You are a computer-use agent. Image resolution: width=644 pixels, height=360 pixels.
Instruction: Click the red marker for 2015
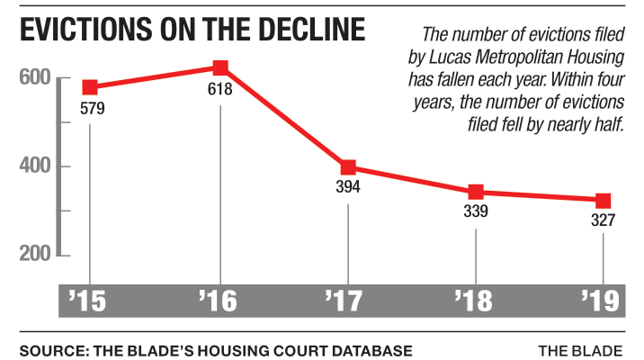click(91, 87)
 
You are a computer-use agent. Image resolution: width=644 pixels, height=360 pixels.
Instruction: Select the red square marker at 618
click(220, 67)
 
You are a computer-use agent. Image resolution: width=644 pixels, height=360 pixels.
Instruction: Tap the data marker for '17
click(348, 167)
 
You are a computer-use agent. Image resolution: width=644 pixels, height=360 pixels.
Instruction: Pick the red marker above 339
click(476, 192)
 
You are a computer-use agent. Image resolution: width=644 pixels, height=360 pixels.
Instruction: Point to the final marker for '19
click(603, 200)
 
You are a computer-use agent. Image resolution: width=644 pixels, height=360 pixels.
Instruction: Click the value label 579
click(92, 109)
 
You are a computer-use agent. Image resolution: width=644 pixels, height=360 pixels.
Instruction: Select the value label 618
click(220, 89)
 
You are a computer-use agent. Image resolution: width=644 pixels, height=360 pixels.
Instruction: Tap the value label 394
click(348, 188)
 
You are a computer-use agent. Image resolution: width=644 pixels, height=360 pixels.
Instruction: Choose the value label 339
click(476, 212)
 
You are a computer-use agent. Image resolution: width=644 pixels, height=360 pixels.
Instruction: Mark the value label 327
click(603, 220)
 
